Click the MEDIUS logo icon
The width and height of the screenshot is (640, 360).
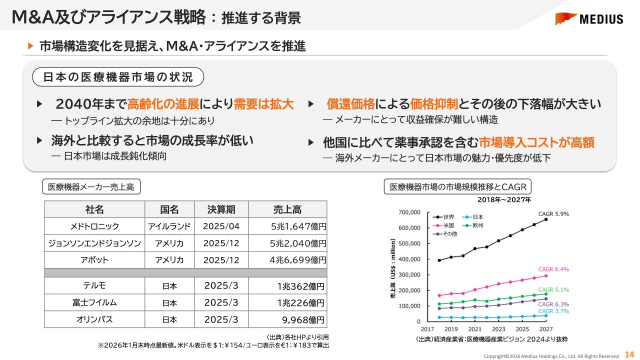point(565,18)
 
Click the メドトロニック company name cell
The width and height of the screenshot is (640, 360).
point(94,226)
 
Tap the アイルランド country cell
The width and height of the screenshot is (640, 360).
point(169,226)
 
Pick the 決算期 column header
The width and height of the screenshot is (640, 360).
point(221,209)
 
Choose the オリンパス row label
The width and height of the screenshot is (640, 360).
point(94,319)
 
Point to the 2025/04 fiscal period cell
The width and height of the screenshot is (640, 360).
point(221,226)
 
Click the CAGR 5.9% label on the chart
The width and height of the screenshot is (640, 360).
point(553,214)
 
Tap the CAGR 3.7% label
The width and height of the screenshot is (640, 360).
point(553,311)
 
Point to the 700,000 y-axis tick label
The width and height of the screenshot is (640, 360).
point(409,212)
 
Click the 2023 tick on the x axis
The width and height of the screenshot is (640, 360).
point(498,329)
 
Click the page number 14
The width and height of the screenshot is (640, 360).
point(629,354)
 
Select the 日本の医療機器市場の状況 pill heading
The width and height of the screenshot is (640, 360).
point(118,77)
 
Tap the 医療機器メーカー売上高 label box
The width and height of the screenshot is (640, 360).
point(91,187)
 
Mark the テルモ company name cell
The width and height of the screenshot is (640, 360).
point(94,286)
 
